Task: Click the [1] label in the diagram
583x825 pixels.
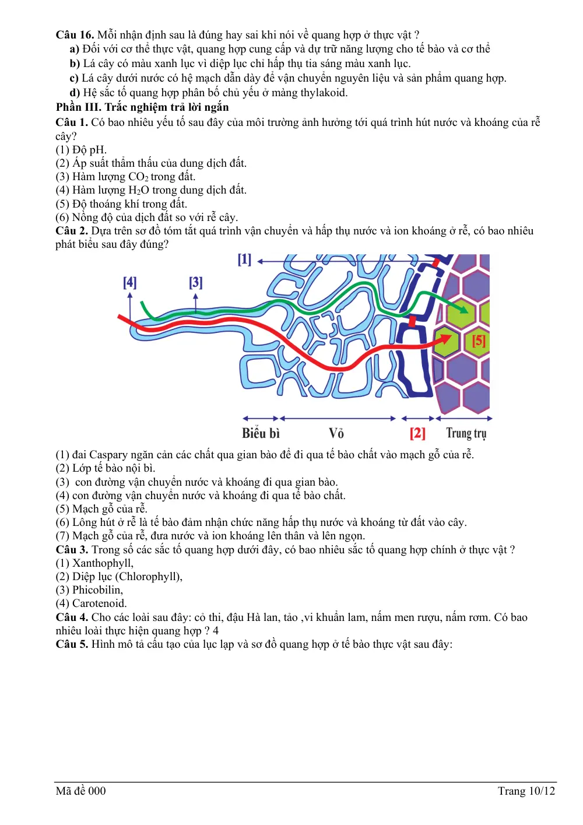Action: [x=244, y=259]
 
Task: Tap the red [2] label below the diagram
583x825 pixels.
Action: [x=417, y=433]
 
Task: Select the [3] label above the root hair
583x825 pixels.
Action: [x=195, y=283]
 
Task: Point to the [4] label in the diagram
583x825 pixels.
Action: [x=129, y=283]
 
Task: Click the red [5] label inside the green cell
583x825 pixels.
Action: [x=479, y=340]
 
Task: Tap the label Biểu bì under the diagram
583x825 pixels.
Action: [x=261, y=433]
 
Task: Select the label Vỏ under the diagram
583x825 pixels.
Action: [x=336, y=433]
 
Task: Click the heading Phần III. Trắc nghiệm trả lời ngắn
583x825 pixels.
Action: [x=142, y=107]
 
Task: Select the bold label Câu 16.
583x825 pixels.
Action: [x=75, y=34]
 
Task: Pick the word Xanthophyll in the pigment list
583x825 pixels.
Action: [x=103, y=563]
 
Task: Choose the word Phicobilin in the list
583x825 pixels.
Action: [x=97, y=590]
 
